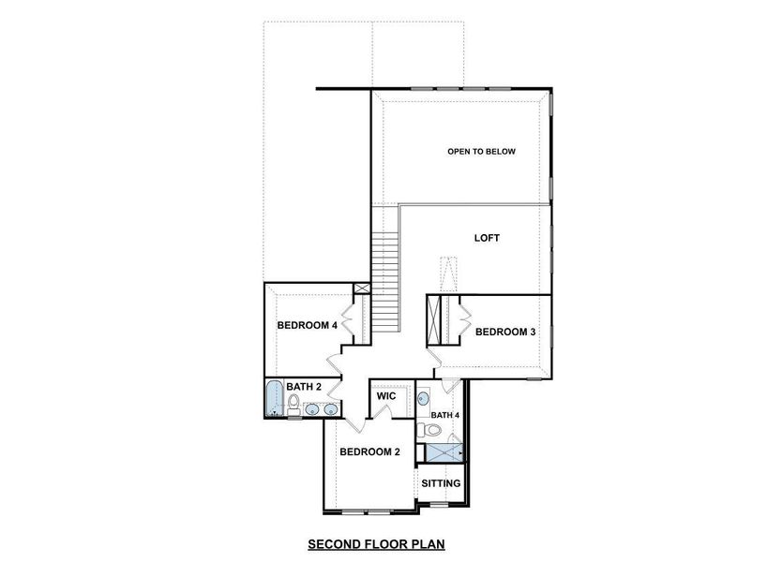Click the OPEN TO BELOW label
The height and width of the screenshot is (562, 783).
481,151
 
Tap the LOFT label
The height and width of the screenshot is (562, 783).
486,238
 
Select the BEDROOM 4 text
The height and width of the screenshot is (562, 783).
307,325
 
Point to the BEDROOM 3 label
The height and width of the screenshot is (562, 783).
505,332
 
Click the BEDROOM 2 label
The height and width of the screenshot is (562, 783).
369,451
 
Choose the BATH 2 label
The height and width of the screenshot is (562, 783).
304,386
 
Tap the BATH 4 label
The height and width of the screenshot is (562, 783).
444,414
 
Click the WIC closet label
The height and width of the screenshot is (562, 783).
386,396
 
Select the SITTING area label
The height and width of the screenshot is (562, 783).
441,483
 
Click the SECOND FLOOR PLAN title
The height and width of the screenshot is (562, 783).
375,543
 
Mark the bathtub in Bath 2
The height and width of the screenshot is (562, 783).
273,400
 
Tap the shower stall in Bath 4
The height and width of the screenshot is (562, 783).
444,451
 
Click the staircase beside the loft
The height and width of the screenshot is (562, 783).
385,281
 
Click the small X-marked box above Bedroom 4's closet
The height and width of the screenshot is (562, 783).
361,290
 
